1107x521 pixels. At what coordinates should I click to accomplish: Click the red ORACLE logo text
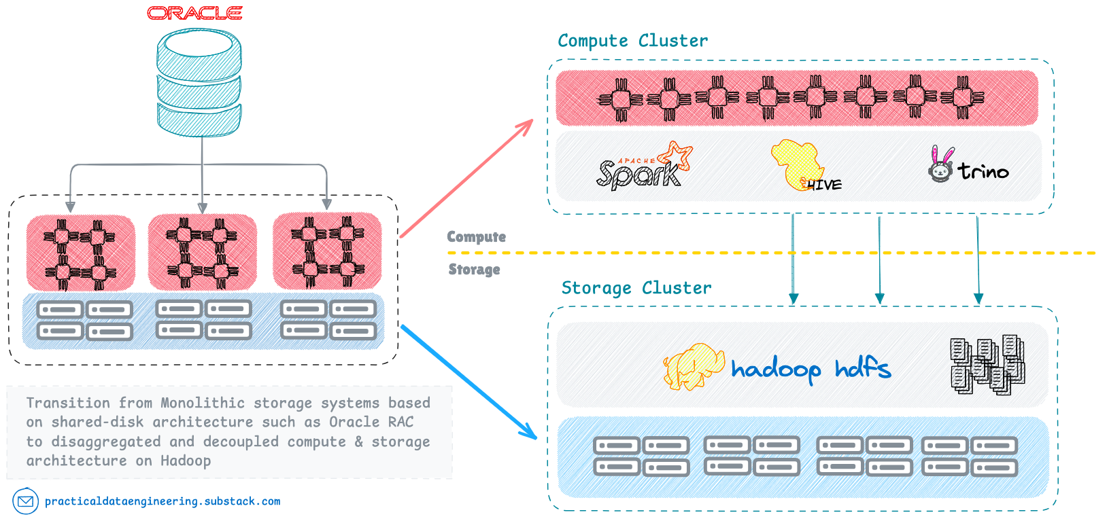click(x=195, y=13)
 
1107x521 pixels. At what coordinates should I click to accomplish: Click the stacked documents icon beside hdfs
click(x=987, y=365)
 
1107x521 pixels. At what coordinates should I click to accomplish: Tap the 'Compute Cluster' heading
click(x=632, y=41)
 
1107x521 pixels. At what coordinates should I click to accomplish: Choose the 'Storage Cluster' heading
click(x=636, y=288)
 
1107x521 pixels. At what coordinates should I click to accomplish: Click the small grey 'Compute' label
click(x=476, y=237)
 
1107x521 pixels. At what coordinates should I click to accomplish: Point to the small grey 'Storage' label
click(x=474, y=270)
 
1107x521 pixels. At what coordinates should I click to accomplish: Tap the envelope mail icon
click(x=25, y=501)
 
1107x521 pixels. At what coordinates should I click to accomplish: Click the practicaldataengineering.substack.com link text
click(x=163, y=501)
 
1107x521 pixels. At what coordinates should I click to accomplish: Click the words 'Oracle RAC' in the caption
click(x=371, y=422)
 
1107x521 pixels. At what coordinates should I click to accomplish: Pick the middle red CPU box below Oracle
click(x=202, y=252)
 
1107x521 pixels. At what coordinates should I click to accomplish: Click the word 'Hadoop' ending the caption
click(x=186, y=461)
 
